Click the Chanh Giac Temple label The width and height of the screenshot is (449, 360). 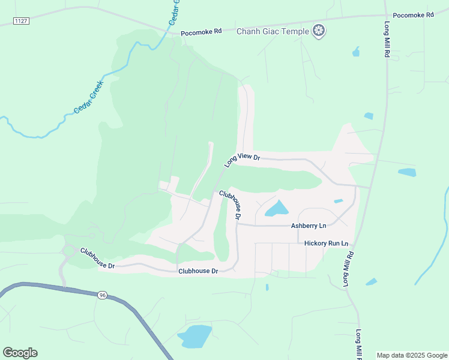(273, 31)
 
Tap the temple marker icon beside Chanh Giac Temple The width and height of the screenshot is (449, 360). (319, 31)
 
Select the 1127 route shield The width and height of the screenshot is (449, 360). (21, 21)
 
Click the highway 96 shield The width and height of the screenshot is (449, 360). (102, 295)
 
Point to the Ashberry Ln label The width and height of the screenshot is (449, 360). (309, 226)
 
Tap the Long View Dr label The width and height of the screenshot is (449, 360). (242, 160)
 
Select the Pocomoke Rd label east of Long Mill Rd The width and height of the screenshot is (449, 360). (413, 14)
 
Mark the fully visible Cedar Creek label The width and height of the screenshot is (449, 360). (89, 97)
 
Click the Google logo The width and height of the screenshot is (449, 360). (20, 353)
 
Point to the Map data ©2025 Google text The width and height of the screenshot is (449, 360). (412, 355)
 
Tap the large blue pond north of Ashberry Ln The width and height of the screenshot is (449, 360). (277, 209)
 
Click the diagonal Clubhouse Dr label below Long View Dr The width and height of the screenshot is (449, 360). (231, 204)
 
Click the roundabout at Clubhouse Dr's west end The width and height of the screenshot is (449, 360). (68, 251)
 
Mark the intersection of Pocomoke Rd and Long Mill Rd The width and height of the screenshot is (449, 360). (385, 16)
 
